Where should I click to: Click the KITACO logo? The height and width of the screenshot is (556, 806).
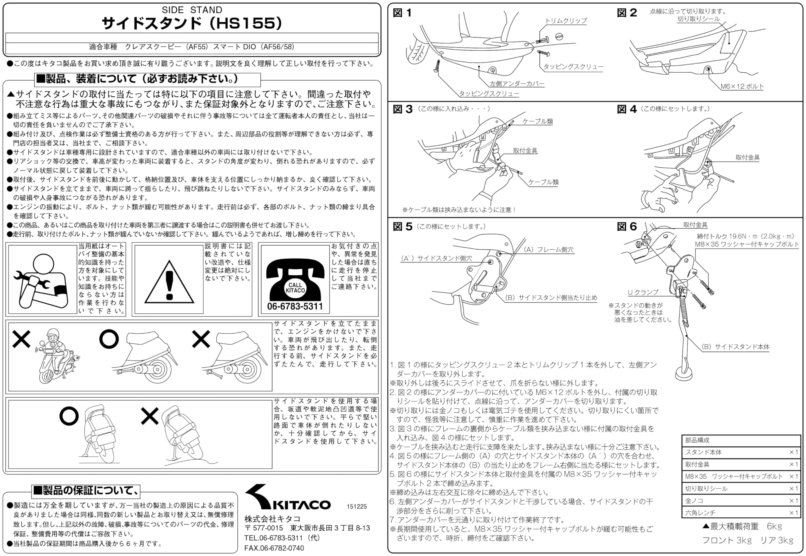coord(287,498)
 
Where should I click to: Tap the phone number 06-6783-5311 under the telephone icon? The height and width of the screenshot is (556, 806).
coord(295,306)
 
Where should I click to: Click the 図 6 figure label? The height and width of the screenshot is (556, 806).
coord(627,227)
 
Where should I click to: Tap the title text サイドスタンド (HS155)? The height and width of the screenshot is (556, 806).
coord(192,23)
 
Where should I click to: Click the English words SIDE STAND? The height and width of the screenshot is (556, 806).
coord(192,10)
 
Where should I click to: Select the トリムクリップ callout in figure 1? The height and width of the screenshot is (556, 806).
coord(566,21)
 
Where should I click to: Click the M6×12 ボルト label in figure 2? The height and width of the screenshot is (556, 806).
coord(742,87)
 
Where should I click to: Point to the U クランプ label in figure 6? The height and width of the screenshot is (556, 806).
coord(643,292)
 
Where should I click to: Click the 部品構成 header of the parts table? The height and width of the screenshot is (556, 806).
coord(697,440)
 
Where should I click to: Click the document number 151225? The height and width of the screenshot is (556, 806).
coord(357,507)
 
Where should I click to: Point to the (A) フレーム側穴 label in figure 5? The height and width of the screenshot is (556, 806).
coord(549,250)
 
